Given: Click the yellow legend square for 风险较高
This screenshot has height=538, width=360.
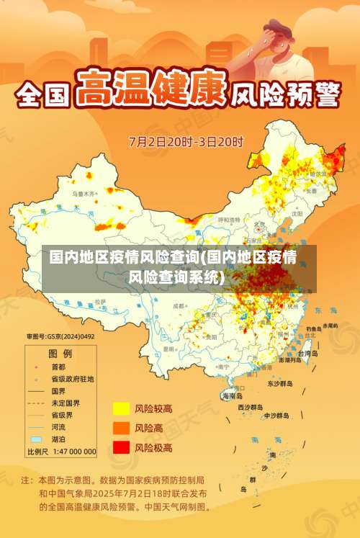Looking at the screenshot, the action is click(120, 409).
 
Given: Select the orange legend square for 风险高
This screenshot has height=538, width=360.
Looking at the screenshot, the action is click(120, 428).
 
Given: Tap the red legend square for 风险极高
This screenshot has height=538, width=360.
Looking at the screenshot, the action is click(120, 447).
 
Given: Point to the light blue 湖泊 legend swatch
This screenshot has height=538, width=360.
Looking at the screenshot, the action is click(36, 439).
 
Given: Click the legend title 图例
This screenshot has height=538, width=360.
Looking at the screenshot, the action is click(60, 354).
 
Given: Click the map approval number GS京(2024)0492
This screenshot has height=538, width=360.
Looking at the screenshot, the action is click(60, 336).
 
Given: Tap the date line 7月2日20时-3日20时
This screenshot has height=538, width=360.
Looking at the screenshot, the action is click(186, 141).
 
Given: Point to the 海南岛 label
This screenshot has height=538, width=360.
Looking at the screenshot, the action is click(232, 395).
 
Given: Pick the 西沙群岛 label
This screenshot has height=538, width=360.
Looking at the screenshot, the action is click(251, 407).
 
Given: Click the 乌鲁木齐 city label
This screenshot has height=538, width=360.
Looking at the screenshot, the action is click(83, 194).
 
